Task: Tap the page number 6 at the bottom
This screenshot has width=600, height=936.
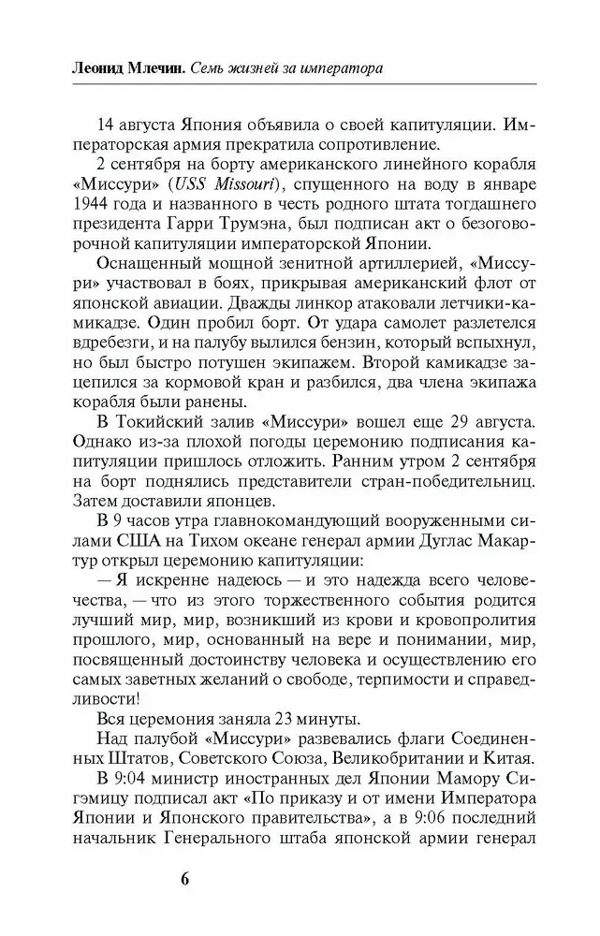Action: coord(184,880)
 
